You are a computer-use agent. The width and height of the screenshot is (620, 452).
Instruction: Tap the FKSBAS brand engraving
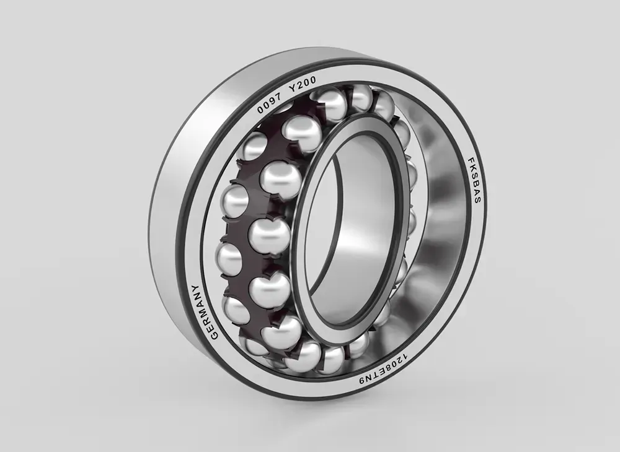(x=473, y=181)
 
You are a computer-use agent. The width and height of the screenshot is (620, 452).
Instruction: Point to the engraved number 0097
(x=269, y=104)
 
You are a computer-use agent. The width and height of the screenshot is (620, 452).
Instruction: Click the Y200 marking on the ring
(x=302, y=84)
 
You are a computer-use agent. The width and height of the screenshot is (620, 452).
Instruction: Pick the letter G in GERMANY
(x=214, y=334)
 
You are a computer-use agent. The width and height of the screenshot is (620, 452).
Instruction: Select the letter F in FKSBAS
(x=471, y=161)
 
